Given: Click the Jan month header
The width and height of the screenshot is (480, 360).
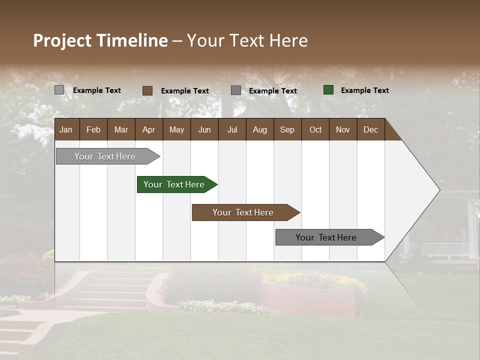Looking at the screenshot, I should click(x=66, y=129).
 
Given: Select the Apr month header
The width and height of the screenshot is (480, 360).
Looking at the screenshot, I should click(x=148, y=129).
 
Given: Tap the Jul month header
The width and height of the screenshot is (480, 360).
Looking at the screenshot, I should click(x=232, y=129).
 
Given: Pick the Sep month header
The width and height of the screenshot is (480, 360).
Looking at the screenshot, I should click(x=287, y=129).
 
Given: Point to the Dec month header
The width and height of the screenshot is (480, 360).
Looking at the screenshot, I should click(x=370, y=129).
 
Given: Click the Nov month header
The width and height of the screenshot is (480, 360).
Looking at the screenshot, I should click(x=342, y=129).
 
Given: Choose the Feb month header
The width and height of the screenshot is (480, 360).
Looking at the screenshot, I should click(x=93, y=129).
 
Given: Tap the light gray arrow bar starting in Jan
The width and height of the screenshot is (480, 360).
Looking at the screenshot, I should click(x=105, y=156).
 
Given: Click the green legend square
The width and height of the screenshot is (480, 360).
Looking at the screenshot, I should click(x=328, y=90).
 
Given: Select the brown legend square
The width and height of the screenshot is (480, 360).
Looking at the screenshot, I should click(x=147, y=90).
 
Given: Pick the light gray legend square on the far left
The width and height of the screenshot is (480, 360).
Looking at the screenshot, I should click(x=59, y=90).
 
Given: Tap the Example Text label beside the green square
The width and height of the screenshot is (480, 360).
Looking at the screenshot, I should click(x=364, y=90).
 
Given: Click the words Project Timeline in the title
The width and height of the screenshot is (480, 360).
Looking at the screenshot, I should click(x=100, y=40).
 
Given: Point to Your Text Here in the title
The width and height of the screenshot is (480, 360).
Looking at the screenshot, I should click(x=247, y=40).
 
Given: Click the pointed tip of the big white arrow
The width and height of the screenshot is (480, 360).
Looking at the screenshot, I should click(x=438, y=190).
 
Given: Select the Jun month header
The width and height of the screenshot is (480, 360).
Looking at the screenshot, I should click(x=204, y=129).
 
